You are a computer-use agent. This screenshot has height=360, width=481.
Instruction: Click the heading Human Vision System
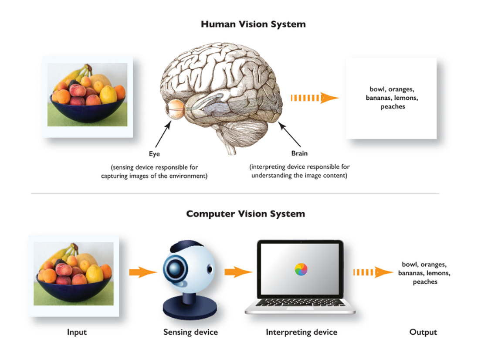[x=253, y=24]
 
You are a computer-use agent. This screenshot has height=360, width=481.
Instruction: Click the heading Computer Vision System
[x=245, y=214]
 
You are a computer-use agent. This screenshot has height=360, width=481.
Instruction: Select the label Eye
[x=154, y=154]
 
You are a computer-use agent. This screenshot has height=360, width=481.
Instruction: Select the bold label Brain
[x=299, y=153]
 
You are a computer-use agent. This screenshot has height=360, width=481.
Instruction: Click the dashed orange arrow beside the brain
[x=314, y=98]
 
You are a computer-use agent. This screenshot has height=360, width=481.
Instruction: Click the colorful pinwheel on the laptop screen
[x=301, y=269]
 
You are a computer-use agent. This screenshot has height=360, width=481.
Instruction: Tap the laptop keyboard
[x=299, y=303]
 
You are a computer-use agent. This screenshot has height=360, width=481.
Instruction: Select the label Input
[x=77, y=332]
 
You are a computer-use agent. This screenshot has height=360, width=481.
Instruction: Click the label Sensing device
[x=190, y=332]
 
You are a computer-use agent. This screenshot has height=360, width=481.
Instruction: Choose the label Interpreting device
[x=301, y=332]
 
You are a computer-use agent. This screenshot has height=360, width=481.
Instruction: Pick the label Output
[x=423, y=332]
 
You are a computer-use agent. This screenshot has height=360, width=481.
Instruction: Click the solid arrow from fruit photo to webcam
[x=142, y=273]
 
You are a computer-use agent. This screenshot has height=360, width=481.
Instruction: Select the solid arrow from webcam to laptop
[x=238, y=273]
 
